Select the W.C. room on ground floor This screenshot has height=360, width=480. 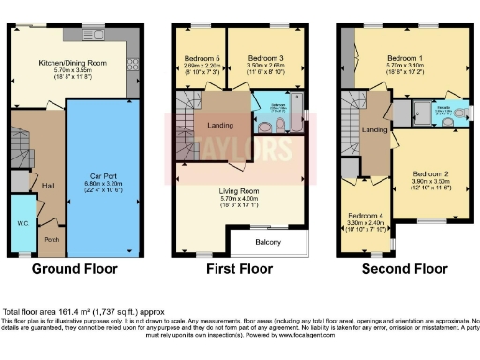pyautogui.click(x=22, y=224)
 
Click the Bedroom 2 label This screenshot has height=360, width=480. pyautogui.click(x=427, y=173)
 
